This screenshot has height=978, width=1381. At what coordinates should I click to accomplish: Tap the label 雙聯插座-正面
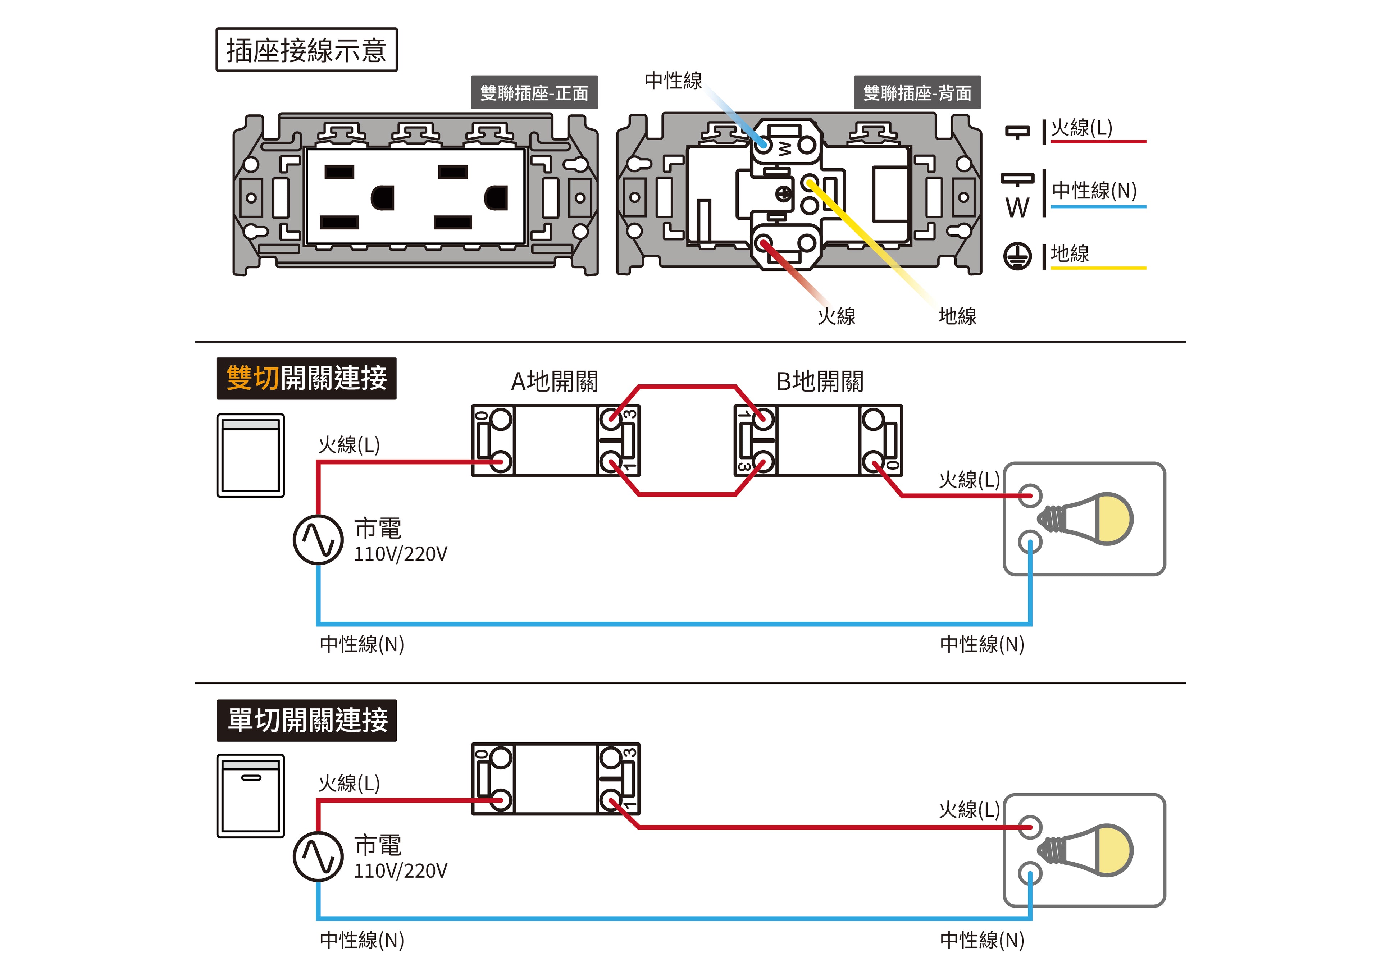534,93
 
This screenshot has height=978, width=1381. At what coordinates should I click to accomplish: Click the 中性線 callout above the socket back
673,81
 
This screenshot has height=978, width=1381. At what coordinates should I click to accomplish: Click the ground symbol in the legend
1017,256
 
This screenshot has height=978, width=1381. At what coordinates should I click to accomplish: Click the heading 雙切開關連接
306,378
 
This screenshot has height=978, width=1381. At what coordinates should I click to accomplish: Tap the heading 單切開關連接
306,720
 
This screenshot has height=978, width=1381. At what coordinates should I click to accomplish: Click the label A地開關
554,381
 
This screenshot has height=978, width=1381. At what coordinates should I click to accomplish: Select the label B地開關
819,381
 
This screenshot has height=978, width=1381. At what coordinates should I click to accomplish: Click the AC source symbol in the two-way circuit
318,540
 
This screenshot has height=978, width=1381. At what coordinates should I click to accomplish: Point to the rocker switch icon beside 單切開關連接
251,796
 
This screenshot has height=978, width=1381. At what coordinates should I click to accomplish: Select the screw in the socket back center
784,194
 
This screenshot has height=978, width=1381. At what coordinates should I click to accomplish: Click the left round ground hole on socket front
382,197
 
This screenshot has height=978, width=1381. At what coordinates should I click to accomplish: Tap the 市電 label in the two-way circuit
378,528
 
